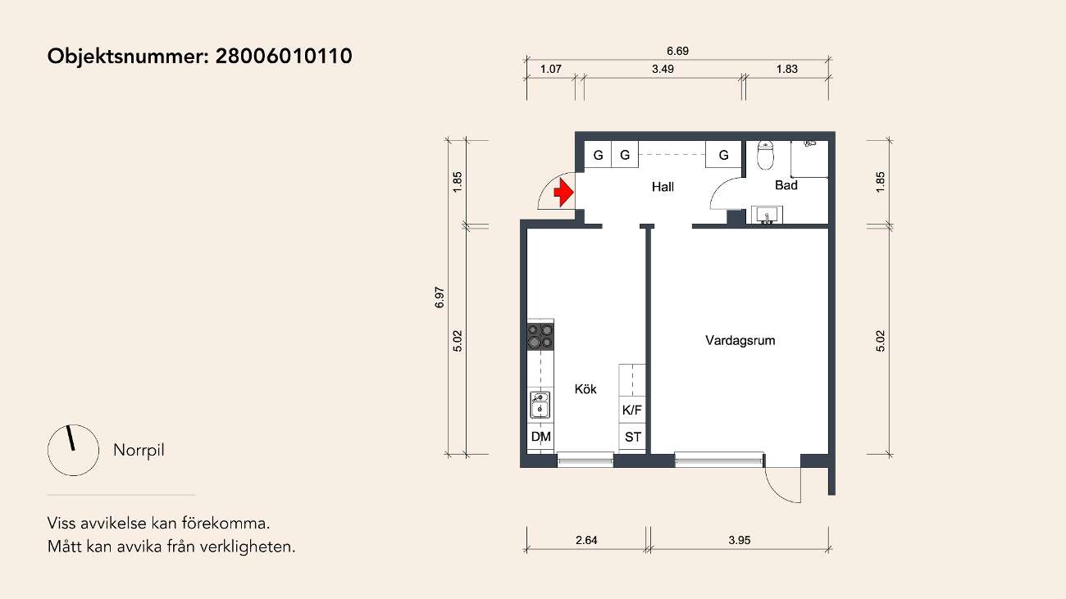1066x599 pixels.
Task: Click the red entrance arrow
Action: [x=564, y=193]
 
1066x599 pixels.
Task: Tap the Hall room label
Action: [x=663, y=187]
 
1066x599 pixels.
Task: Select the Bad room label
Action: [x=786, y=185]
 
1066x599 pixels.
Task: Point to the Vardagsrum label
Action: [x=740, y=340]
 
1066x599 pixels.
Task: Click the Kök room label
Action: [x=585, y=389]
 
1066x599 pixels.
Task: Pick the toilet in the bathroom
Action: [x=766, y=155]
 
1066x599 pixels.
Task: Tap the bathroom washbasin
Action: [x=768, y=215]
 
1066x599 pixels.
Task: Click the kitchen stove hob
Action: [x=540, y=336]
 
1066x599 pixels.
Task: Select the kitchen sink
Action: [x=540, y=405]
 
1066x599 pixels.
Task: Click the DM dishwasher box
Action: [x=540, y=437]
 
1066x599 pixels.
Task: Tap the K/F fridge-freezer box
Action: [x=632, y=410]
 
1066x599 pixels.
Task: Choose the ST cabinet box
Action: [x=632, y=437]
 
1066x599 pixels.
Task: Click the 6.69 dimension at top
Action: [x=677, y=51]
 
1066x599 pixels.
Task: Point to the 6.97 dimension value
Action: [x=440, y=297]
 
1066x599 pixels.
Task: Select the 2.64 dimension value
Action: [x=586, y=540]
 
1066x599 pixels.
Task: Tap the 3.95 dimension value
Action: [x=740, y=540]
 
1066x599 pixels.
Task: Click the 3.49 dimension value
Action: [x=663, y=69]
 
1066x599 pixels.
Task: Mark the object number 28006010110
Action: [x=284, y=56]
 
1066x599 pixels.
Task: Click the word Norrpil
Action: [x=139, y=450]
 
